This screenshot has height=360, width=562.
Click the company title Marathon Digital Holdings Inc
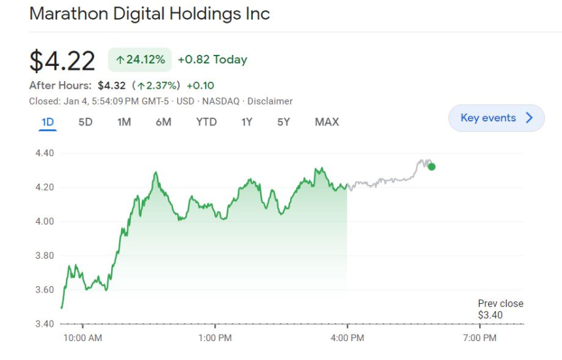(x=149, y=14)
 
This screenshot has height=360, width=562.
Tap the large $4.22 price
(x=62, y=61)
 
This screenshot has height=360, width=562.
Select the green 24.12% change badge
(x=140, y=60)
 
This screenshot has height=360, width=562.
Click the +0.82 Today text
(x=212, y=60)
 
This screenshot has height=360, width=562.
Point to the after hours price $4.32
(x=111, y=86)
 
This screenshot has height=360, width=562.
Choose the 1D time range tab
(x=48, y=122)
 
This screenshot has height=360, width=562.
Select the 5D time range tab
(x=86, y=122)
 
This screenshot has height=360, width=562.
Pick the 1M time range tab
(x=124, y=122)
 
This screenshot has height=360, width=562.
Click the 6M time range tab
(x=163, y=122)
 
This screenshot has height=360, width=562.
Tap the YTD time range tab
(x=207, y=122)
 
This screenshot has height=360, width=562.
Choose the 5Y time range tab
(x=283, y=122)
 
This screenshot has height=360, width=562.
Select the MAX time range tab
(x=327, y=122)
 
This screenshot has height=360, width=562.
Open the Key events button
(x=496, y=118)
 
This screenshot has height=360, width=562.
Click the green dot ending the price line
(x=431, y=167)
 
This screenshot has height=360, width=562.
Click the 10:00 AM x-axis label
(x=83, y=338)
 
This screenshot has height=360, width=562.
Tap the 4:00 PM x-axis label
(x=347, y=338)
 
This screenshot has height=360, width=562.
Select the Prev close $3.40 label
(x=500, y=310)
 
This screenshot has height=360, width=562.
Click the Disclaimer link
(x=271, y=101)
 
